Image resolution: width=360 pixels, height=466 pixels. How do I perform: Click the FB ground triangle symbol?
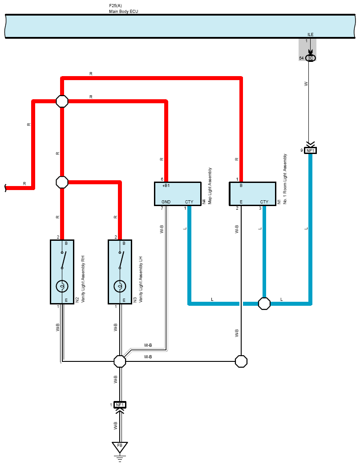click(120, 447)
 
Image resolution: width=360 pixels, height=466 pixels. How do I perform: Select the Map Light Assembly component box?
click(178, 194)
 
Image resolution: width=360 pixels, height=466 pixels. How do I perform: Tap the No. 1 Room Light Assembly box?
click(252, 194)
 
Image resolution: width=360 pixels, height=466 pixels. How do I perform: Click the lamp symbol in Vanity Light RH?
click(62, 287)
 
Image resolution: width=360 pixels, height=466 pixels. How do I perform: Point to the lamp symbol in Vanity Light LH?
click(120, 287)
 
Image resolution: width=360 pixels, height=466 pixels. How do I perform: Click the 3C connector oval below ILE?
click(311, 58)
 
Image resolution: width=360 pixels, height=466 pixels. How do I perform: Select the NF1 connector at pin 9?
click(311, 151)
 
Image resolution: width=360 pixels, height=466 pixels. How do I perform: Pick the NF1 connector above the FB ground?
click(120, 405)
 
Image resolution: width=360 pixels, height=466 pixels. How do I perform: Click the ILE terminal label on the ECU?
click(311, 34)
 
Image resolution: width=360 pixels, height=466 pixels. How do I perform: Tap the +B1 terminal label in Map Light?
click(166, 186)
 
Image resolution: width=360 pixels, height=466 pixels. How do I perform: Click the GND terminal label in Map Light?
click(166, 202)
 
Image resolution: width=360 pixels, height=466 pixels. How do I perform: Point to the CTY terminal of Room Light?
click(264, 202)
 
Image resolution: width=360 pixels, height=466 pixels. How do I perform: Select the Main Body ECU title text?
click(124, 11)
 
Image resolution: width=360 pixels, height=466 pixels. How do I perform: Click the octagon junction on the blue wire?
click(264, 304)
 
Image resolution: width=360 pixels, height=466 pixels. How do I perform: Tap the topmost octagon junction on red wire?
click(62, 101)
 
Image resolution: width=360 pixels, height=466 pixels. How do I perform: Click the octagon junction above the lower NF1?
click(120, 361)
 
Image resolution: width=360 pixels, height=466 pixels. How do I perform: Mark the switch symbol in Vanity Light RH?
click(63, 260)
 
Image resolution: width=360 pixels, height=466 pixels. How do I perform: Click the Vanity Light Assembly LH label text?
click(141, 280)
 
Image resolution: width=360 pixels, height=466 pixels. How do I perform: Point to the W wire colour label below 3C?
click(306, 84)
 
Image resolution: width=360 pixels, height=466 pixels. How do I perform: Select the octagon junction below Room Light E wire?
click(241, 361)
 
